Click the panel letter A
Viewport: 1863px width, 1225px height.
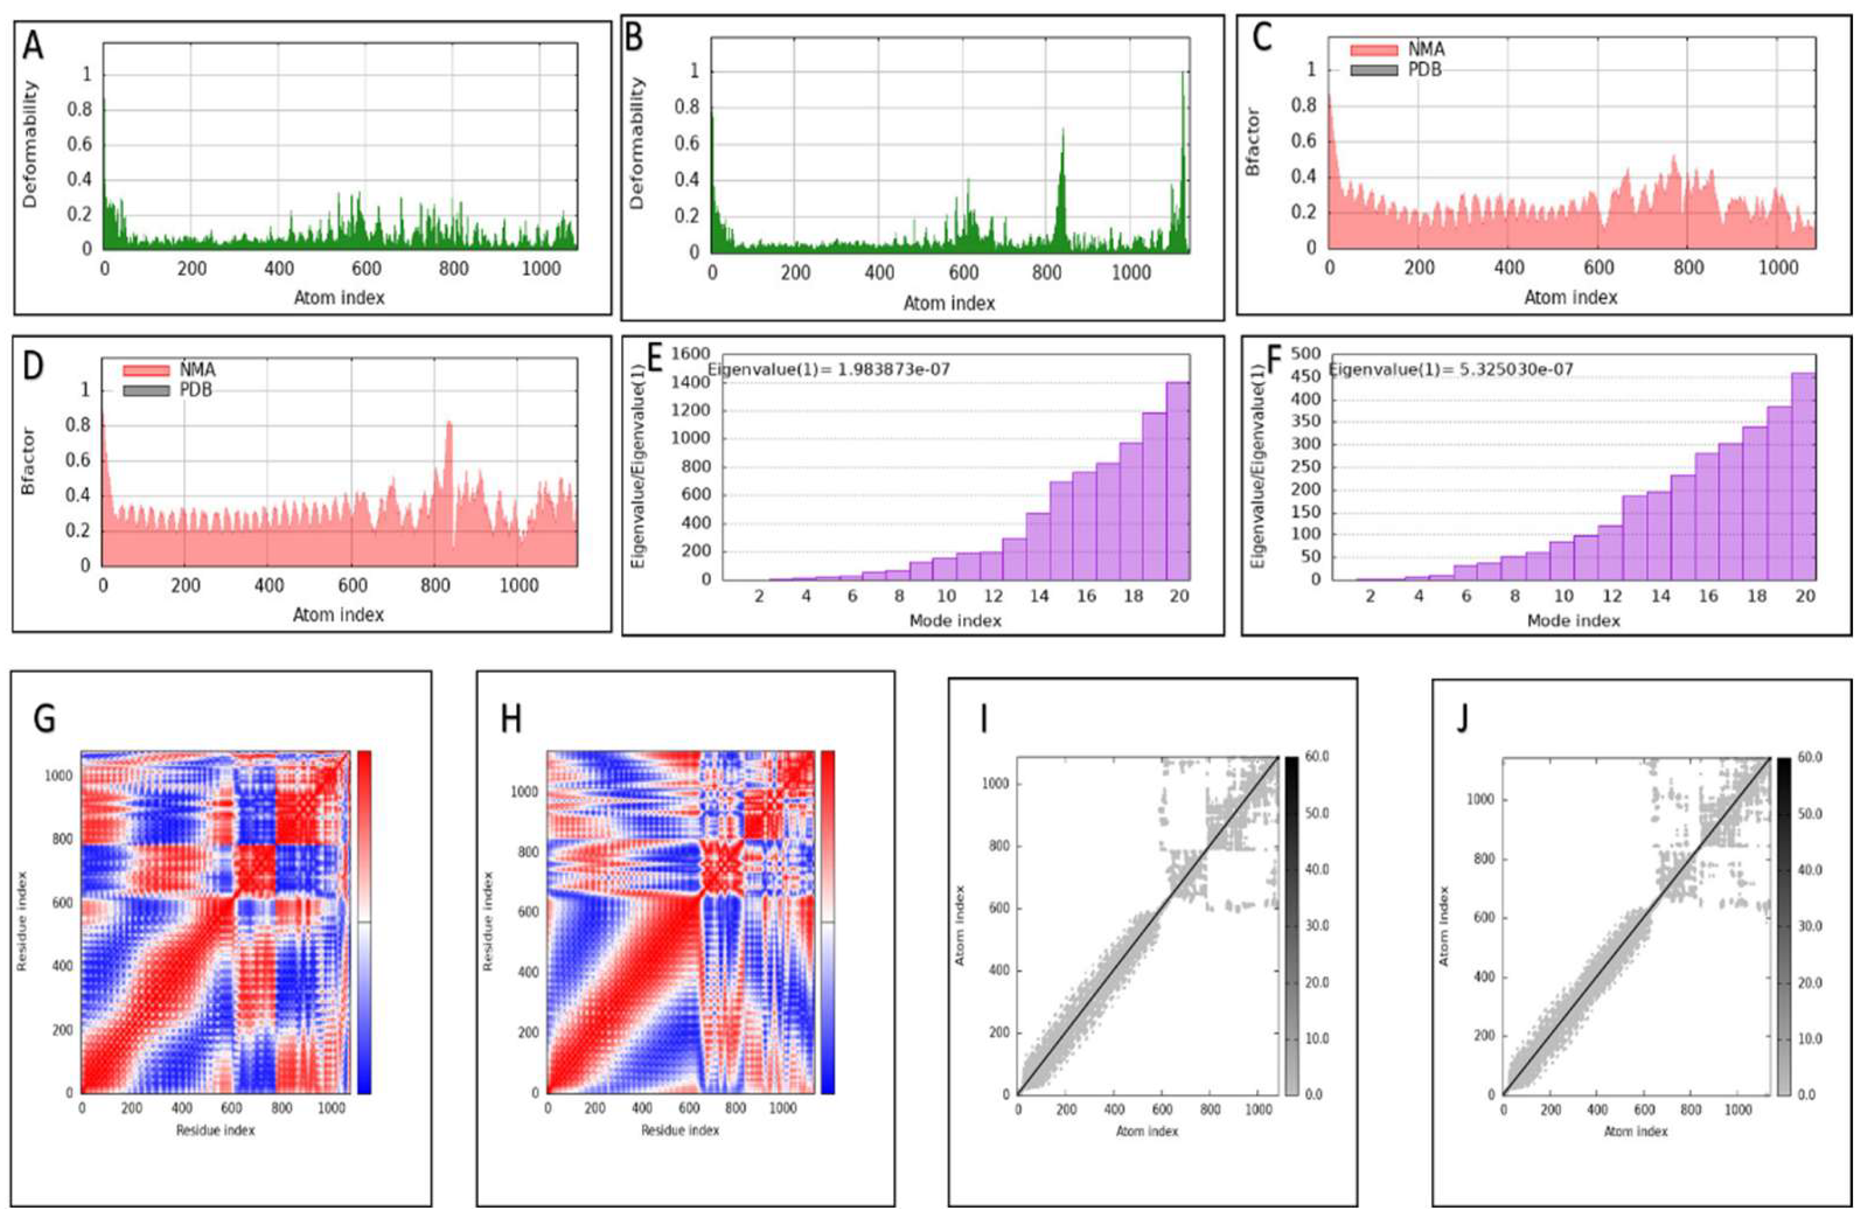[33, 45]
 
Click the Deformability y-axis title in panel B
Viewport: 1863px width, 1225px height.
[637, 143]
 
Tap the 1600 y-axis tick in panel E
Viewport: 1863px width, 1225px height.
[691, 355]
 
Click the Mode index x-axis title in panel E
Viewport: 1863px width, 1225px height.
[955, 621]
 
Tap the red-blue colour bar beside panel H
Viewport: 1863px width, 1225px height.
[827, 921]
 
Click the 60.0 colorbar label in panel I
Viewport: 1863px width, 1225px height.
[1317, 757]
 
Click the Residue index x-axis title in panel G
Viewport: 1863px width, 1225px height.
[215, 1130]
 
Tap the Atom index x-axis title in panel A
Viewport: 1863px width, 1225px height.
[339, 297]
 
